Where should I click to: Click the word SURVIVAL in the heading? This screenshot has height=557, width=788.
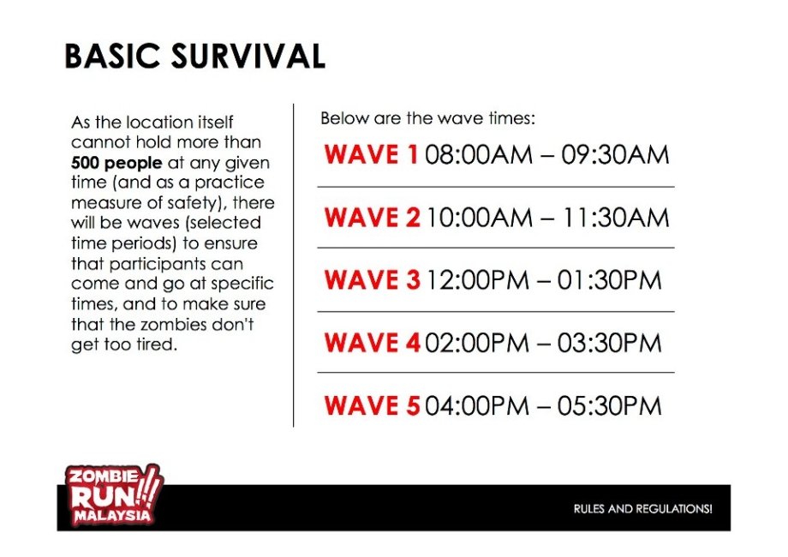(x=248, y=56)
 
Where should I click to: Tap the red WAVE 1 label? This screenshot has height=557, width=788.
(x=372, y=154)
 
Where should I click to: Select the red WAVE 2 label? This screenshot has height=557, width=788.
(x=373, y=218)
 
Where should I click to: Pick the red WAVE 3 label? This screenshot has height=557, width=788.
(x=373, y=280)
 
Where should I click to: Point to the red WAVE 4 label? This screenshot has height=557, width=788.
(x=373, y=343)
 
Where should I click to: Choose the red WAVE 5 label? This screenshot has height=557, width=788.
(x=373, y=405)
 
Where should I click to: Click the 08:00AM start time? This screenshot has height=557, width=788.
(x=479, y=154)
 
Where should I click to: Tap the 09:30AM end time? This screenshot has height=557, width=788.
(x=616, y=154)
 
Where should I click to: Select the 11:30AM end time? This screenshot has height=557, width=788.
(x=616, y=218)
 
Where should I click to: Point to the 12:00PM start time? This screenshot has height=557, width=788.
(x=477, y=280)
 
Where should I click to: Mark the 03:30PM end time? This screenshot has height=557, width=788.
(x=610, y=343)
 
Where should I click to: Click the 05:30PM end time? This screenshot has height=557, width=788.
(x=610, y=405)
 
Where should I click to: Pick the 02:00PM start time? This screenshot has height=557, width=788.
(x=477, y=343)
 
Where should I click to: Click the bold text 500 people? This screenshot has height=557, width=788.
(x=116, y=163)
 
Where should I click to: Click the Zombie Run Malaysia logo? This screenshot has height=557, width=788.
(x=114, y=495)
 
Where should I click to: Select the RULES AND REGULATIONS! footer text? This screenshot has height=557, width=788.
(x=642, y=509)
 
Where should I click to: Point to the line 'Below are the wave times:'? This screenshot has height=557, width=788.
(x=428, y=118)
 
